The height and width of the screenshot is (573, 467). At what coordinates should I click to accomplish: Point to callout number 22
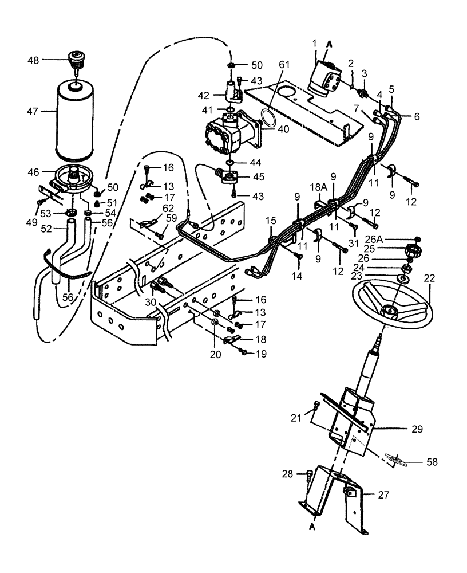[429, 278]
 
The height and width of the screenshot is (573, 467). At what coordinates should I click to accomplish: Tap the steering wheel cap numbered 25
[413, 250]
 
